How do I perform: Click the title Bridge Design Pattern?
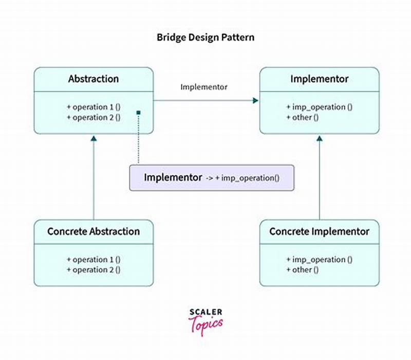(206, 38)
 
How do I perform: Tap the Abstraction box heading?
(94, 79)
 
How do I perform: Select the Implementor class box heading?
(319, 79)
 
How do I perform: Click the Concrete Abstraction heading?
(94, 231)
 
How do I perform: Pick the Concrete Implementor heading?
(319, 231)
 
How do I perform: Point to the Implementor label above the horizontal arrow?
(204, 87)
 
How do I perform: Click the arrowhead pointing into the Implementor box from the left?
(256, 101)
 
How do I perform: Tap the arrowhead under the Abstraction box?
(94, 138)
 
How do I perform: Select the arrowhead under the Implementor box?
(319, 138)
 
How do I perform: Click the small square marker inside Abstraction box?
(138, 112)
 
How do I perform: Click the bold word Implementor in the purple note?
(173, 178)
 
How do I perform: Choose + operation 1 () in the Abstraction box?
(94, 107)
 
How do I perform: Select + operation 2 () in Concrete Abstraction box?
(94, 269)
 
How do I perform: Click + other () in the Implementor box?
(303, 117)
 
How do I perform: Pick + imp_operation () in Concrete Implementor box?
(319, 259)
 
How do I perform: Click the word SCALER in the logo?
(206, 312)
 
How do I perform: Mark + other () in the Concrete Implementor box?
(303, 269)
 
